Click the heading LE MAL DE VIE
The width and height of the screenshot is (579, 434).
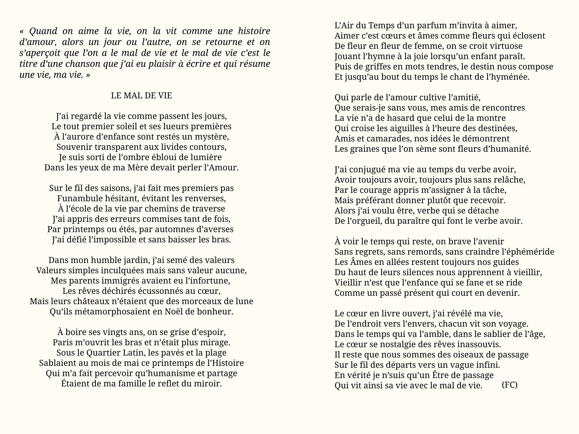[x=141, y=95]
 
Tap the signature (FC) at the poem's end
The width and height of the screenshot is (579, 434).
[x=510, y=385]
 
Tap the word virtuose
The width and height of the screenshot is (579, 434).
[x=504, y=46]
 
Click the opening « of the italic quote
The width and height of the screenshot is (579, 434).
[x=22, y=32]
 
